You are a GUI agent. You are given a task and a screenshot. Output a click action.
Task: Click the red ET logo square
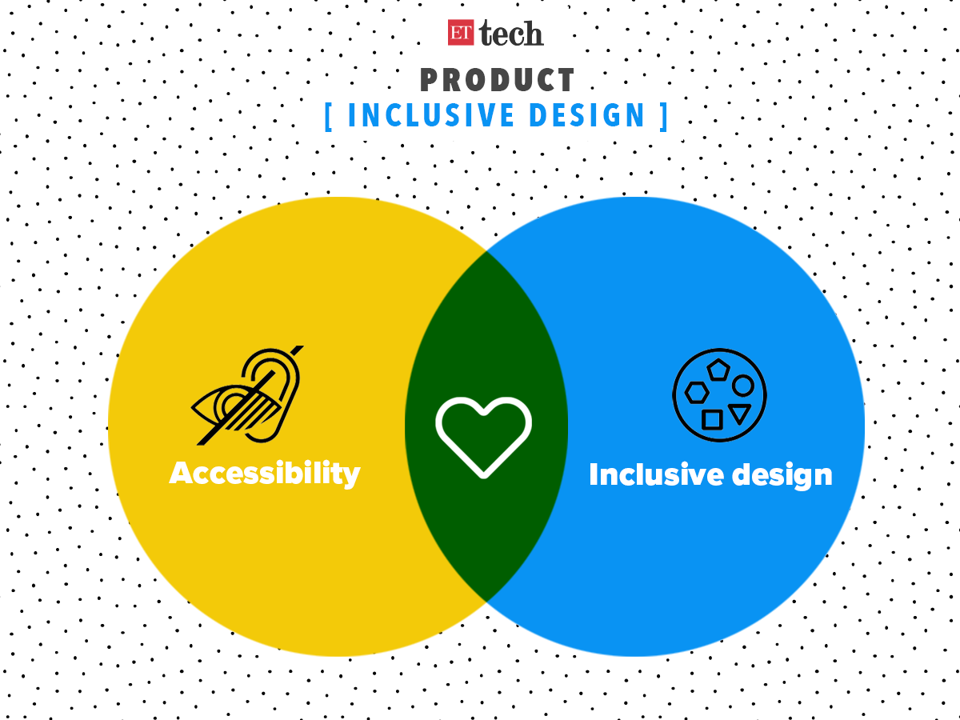tap(461, 32)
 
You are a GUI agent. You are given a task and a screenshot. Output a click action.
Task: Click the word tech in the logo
tap(511, 33)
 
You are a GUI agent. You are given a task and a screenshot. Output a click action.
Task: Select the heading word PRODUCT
tap(498, 80)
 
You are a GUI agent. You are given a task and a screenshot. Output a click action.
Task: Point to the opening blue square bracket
tap(330, 116)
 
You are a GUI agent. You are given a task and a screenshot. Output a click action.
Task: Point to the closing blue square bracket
tap(663, 116)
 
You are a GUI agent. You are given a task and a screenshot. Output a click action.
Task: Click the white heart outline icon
tap(483, 437)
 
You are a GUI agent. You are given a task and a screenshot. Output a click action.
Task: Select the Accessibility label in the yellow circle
tap(265, 473)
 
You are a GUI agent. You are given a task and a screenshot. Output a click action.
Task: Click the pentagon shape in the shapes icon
tap(718, 370)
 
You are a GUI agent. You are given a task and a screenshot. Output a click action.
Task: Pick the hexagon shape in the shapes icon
tap(696, 392)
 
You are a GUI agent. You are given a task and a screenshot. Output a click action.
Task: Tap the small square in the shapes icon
tap(712, 419)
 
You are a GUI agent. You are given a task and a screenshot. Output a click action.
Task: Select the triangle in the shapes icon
tap(739, 414)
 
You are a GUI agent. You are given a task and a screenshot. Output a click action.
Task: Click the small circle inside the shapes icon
tap(743, 386)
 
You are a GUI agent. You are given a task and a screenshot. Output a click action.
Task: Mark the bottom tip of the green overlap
tap(486, 600)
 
